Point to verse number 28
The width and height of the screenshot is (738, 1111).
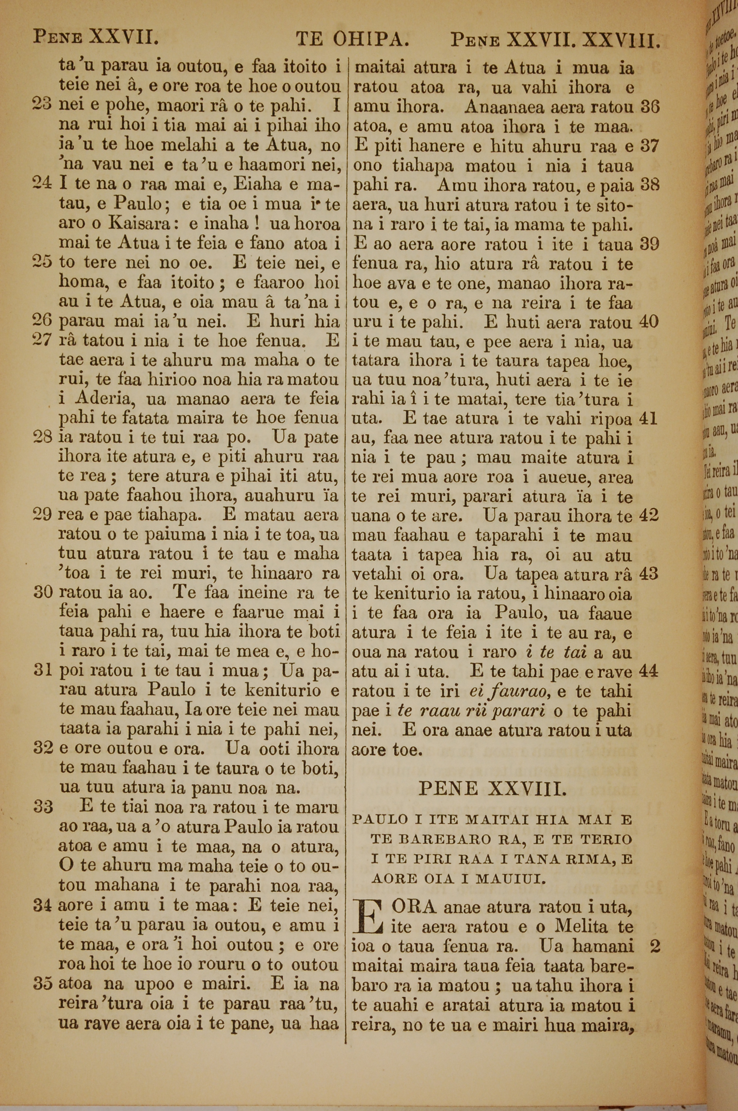(42, 438)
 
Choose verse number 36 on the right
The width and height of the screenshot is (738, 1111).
(650, 108)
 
